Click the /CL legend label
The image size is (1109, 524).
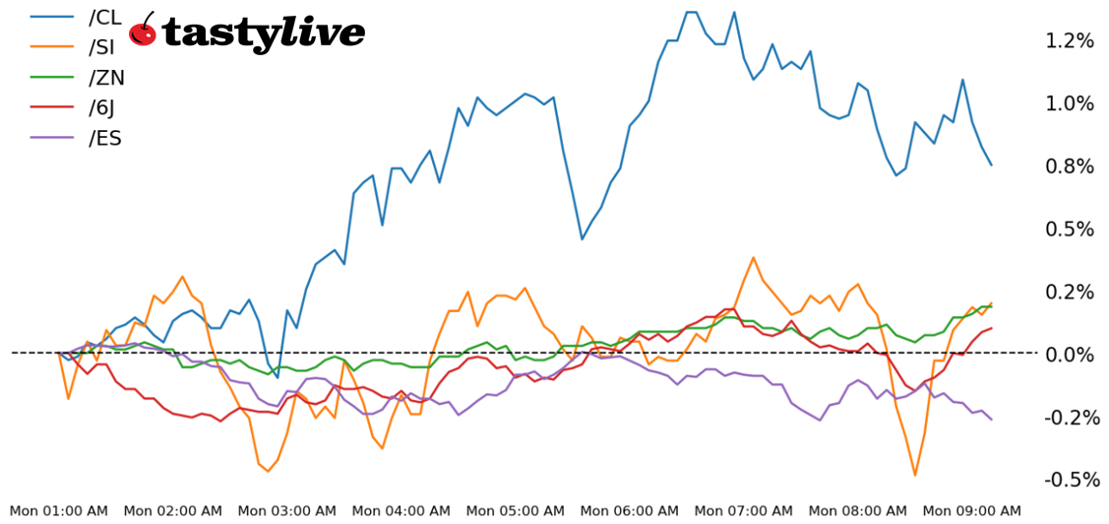coord(104,17)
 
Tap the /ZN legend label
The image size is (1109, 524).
coord(106,78)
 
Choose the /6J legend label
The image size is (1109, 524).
coord(104,107)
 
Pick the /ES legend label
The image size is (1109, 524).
coord(104,138)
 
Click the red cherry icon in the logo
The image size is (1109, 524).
coord(143,32)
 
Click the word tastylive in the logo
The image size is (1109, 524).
coord(263,33)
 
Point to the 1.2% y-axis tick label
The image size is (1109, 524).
coord(1071,40)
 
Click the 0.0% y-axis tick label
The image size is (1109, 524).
coord(1071,355)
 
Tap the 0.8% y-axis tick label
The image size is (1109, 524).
coord(1071,166)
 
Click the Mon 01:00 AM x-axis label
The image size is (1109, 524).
coord(59,510)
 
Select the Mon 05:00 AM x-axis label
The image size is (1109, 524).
coord(516,510)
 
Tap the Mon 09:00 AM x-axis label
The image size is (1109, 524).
coord(972,510)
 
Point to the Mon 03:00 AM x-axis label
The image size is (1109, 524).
coord(287,510)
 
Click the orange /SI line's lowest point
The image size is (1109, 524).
coord(915,475)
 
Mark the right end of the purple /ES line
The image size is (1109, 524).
coord(991,420)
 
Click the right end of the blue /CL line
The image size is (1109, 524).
coord(991,164)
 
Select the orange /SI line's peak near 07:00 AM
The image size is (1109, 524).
coord(753,258)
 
